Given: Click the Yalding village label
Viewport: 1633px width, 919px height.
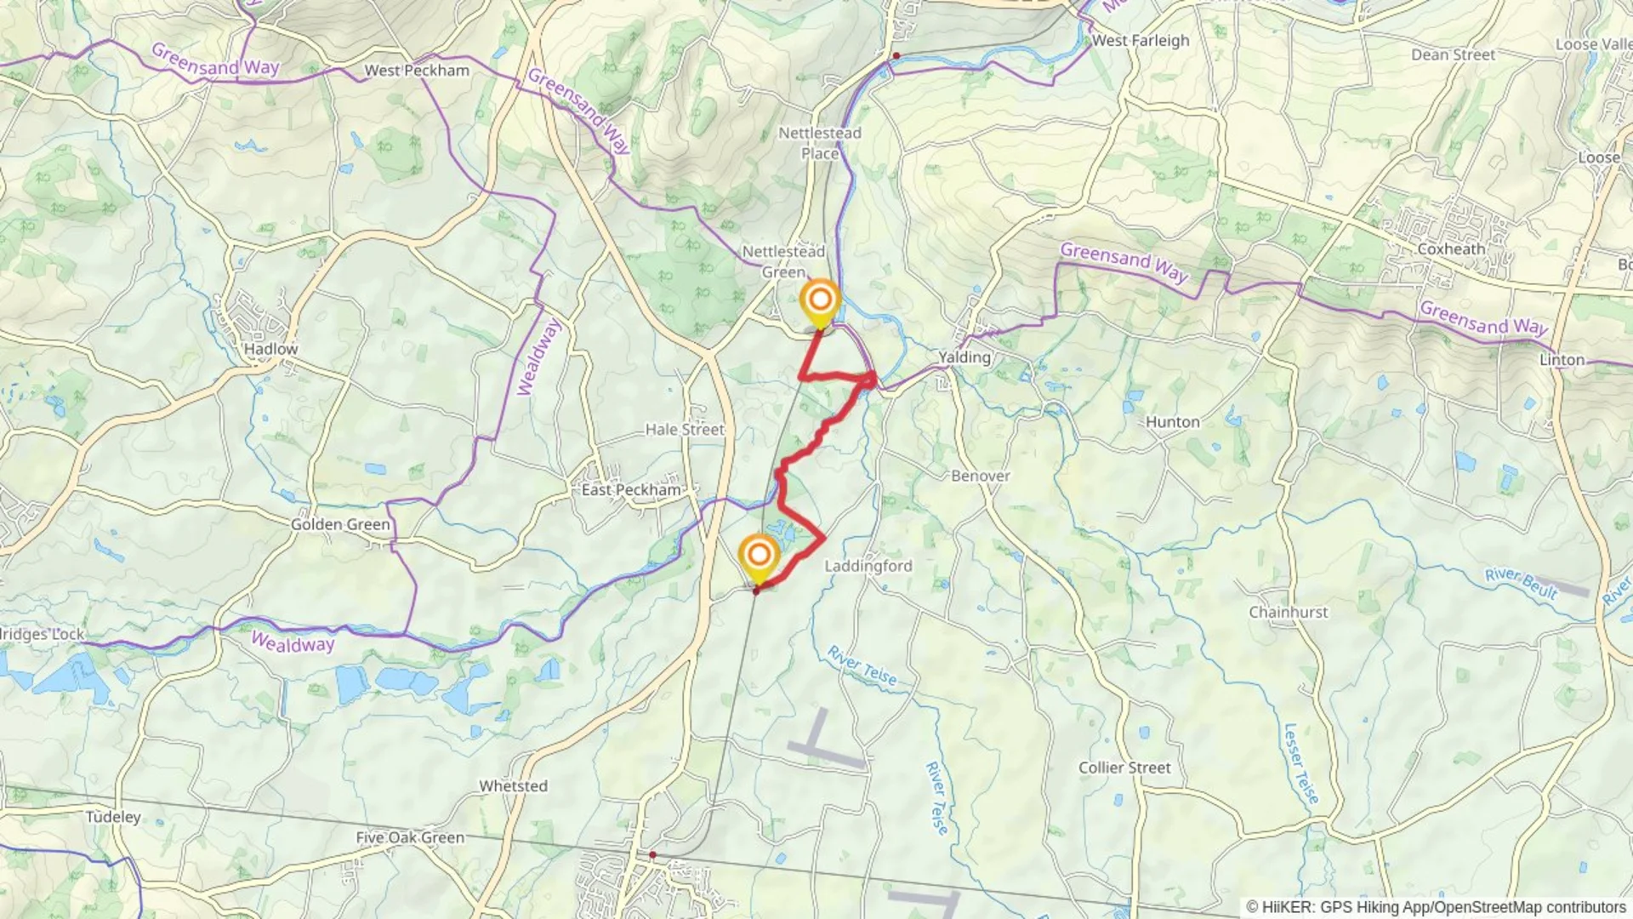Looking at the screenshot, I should tap(964, 357).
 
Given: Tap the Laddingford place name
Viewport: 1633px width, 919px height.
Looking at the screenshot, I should tap(868, 566).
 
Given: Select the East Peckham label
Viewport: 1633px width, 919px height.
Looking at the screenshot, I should tap(631, 490).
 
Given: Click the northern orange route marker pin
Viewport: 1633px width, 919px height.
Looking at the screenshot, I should tap(820, 301).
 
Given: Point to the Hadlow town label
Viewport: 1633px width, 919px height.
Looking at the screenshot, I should tap(270, 349).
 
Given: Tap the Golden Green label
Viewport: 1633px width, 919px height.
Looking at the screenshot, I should tap(340, 524).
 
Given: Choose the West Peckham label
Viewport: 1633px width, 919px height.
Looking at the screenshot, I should tap(417, 71).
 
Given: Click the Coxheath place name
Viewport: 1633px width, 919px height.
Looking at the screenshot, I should tap(1451, 249).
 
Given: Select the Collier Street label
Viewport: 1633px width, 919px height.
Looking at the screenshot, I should tap(1124, 768).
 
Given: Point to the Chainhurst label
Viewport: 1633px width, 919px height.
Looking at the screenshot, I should tap(1288, 612).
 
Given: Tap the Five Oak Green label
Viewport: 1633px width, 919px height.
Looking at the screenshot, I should tap(410, 837).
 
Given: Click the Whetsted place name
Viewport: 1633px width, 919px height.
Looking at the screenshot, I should tap(513, 785).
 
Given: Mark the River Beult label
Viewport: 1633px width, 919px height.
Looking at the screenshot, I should tap(1521, 584).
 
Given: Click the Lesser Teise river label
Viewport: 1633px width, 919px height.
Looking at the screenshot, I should tap(1300, 763).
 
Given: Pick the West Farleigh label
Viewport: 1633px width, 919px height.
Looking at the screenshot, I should tap(1140, 40).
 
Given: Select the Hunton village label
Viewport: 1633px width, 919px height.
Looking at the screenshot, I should tap(1172, 422).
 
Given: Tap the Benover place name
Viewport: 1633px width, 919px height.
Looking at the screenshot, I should tap(980, 476).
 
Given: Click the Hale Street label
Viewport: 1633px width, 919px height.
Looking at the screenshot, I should tap(684, 430).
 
